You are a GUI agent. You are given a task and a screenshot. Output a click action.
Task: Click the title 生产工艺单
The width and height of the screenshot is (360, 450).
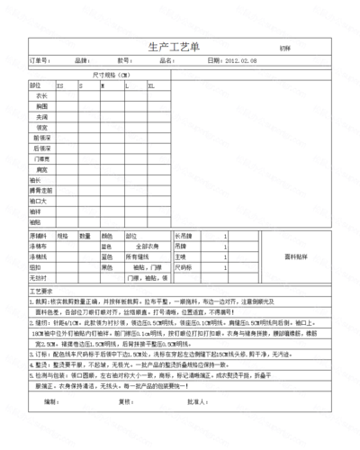pyautogui.click(x=177, y=47)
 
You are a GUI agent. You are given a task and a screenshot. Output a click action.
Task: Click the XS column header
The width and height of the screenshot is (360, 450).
pyautogui.click(x=60, y=85)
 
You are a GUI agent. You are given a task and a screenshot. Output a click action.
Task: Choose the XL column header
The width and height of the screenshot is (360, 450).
pyautogui.click(x=151, y=85)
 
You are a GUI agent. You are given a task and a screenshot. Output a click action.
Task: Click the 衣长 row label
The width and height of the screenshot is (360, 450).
pyautogui.click(x=41, y=95)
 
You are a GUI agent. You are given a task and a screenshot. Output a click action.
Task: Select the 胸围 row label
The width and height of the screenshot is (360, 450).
pyautogui.click(x=41, y=106)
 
